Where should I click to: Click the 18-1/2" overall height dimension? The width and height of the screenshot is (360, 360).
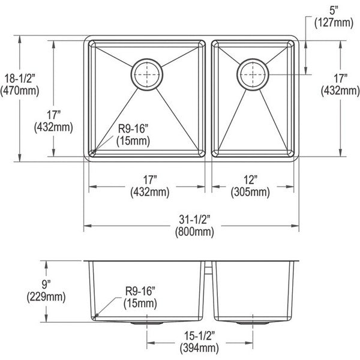(20, 79)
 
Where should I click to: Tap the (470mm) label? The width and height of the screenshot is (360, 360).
(20, 91)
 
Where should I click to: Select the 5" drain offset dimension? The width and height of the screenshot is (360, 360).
(334, 11)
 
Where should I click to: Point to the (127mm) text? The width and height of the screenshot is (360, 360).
(334, 23)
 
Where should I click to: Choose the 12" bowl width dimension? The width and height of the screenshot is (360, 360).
(250, 180)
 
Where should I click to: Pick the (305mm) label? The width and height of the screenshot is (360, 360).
(250, 192)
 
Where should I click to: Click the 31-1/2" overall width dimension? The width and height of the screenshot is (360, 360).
(194, 220)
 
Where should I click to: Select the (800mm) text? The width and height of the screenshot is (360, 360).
(194, 232)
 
